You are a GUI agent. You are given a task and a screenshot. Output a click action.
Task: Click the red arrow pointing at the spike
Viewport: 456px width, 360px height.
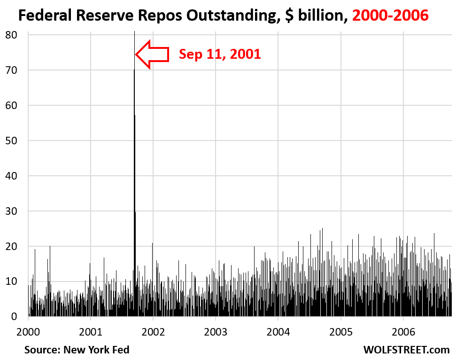152,55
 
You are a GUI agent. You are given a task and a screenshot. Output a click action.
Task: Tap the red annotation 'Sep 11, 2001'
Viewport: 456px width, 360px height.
219,55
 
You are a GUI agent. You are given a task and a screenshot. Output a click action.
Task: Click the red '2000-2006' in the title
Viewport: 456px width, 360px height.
390,16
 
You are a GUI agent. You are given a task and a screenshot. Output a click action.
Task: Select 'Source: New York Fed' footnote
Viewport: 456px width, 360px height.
77,350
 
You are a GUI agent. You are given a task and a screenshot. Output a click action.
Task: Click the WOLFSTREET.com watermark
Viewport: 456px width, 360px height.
406,350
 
